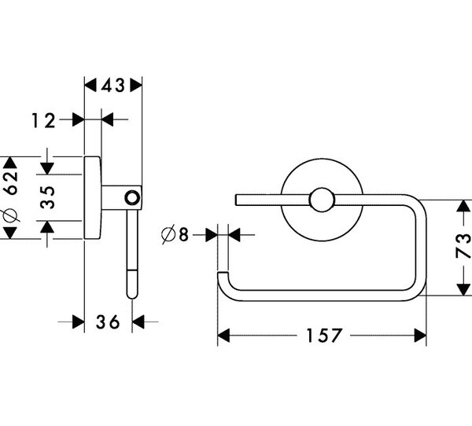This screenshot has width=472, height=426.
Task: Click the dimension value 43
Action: click(x=112, y=85)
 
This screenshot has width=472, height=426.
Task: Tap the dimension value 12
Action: click(x=44, y=120)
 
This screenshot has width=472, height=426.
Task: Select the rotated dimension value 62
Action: click(x=12, y=182)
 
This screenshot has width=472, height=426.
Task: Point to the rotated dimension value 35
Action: click(x=47, y=197)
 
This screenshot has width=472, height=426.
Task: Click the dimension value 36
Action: click(x=108, y=322)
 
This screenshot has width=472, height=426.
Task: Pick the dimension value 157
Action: click(x=323, y=336)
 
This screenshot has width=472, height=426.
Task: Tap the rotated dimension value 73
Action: click(x=463, y=246)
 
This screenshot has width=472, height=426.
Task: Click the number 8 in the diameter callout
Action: click(x=183, y=235)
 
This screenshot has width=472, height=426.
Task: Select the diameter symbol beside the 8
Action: click(x=168, y=235)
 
